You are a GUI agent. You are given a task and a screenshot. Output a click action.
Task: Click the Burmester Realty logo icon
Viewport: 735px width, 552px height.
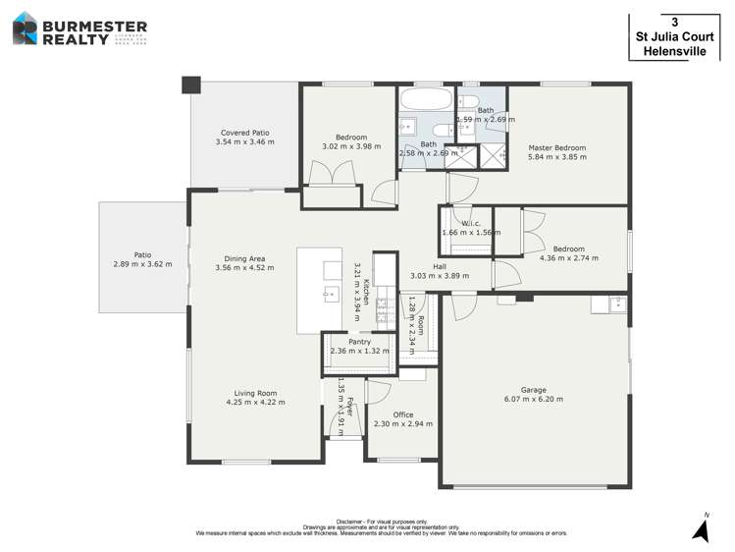25,28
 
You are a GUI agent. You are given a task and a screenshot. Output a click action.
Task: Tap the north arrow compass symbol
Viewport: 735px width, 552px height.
701,530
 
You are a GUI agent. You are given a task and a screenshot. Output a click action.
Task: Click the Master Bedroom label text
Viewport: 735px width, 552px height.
556,148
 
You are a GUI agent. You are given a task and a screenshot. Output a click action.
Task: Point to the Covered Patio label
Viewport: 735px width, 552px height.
244,133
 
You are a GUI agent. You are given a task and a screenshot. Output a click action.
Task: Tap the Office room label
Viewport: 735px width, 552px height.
402,414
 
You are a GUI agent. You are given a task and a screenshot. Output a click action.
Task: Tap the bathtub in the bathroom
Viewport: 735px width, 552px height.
425,100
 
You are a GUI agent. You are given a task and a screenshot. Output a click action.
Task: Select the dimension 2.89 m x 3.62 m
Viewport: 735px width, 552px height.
142,264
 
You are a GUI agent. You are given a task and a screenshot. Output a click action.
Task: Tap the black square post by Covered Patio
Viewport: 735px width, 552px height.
190,84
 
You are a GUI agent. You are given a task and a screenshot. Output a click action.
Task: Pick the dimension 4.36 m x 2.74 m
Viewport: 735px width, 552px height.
568,258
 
